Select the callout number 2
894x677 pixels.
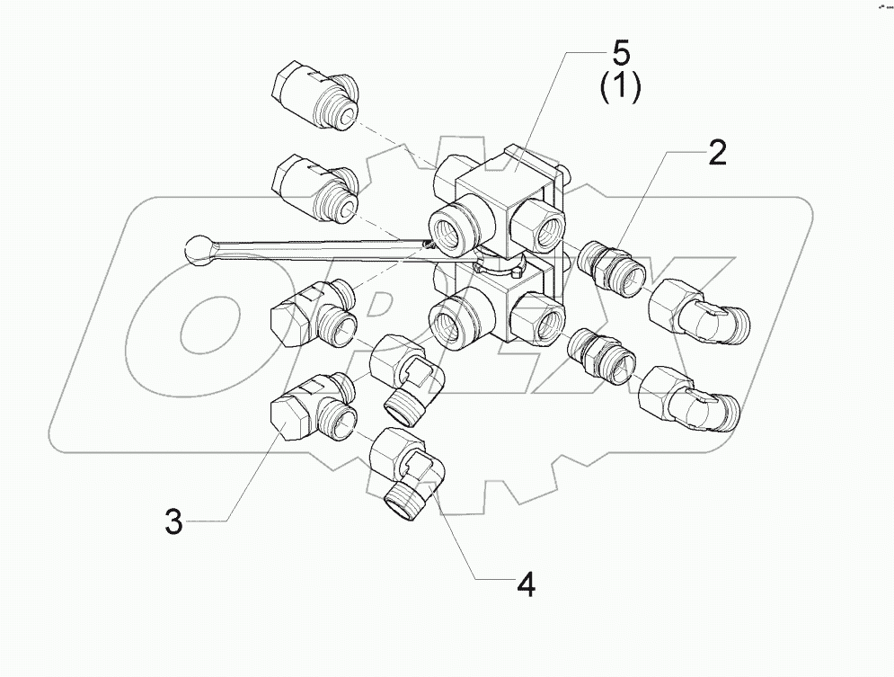click(x=716, y=154)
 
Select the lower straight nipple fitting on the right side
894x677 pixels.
click(x=598, y=353)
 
